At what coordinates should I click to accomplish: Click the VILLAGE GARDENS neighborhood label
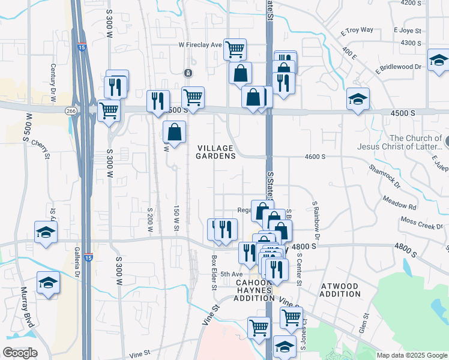pos(215,151)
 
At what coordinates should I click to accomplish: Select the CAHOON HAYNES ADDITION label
pos(254,290)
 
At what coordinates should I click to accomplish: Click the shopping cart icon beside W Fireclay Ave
pos(235,49)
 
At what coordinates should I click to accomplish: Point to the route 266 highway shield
pos(71,110)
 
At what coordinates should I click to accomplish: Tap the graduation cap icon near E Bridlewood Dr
pos(439,60)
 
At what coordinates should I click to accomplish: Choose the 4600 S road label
pos(315,157)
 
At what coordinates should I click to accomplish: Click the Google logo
pos(20,352)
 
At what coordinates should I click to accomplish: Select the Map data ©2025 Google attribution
pos(411,355)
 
